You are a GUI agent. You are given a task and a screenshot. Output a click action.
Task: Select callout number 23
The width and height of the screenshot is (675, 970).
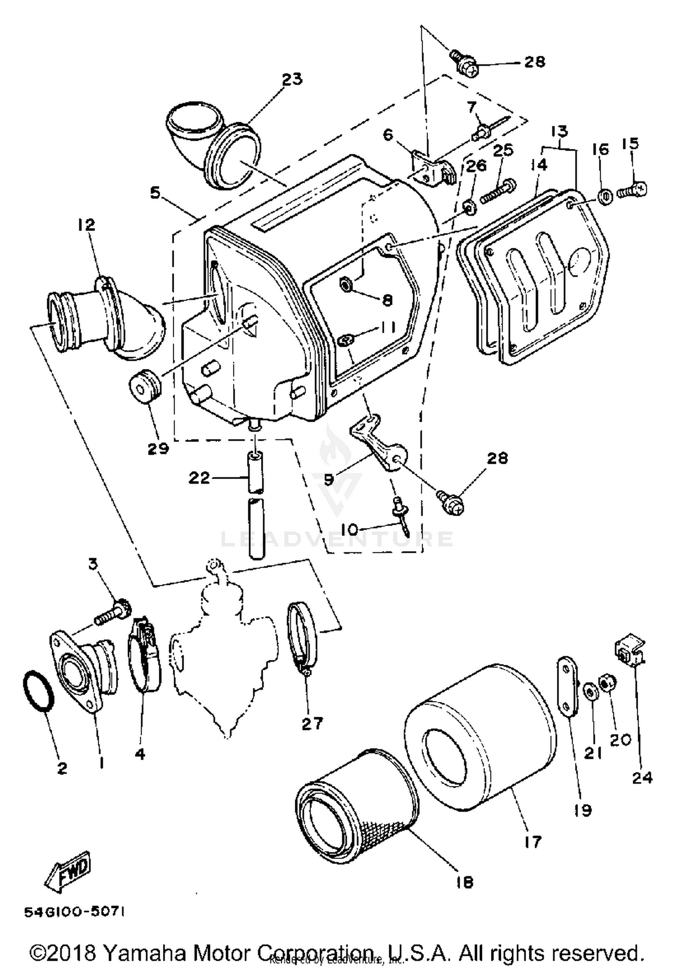292,79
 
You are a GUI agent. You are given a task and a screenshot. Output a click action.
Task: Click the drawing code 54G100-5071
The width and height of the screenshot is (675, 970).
74,912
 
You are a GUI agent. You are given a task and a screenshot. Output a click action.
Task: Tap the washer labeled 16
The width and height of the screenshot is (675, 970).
605,197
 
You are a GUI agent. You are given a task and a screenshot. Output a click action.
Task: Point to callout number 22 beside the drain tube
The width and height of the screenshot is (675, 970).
199,477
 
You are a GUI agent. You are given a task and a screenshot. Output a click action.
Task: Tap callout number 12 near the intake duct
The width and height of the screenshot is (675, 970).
87,225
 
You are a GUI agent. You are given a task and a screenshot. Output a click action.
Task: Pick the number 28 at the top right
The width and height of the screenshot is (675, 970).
535,62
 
